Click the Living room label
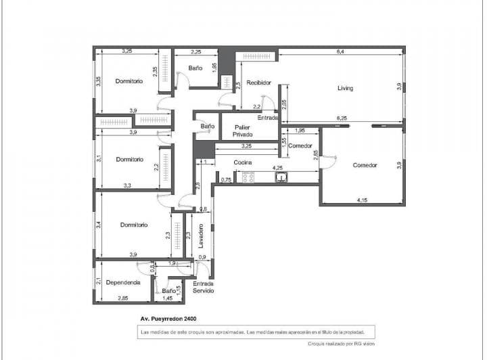pos(345,88)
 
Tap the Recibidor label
pos(258,83)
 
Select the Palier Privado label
pos(242,131)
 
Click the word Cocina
pos(243,162)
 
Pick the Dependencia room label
pos(123,282)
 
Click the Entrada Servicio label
pos(204,287)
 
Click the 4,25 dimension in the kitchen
pos(277,167)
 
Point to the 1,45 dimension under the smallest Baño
pos(167,298)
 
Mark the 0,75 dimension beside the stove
pos(227,179)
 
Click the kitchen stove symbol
pos(248,177)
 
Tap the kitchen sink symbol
pos(281,177)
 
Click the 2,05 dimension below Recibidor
pos(283,104)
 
